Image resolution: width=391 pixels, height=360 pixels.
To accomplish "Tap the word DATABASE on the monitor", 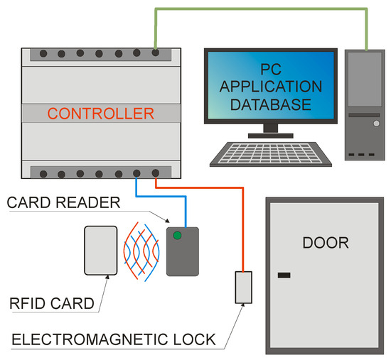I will coord(275,104).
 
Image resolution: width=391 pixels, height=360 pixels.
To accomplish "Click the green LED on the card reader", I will coord(178,236).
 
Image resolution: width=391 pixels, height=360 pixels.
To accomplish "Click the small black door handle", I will coord(284,274).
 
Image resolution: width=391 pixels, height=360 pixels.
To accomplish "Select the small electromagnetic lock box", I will coord(244,288).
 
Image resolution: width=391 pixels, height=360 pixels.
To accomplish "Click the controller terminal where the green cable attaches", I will coord(156,53).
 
